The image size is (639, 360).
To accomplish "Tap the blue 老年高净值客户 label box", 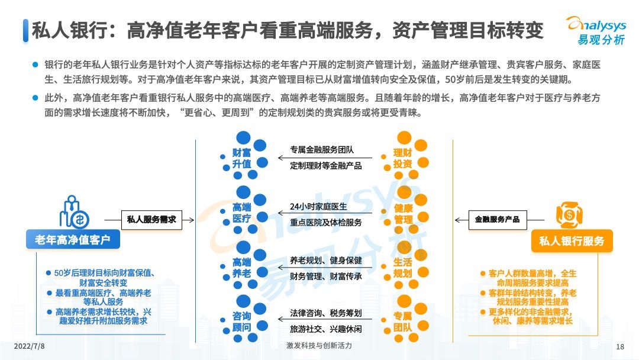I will pos(73,239).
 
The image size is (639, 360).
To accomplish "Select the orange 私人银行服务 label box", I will pos(572,241).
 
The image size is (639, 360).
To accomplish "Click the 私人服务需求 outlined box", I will pos(151,219).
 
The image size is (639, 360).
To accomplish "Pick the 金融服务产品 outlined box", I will pos(497,219).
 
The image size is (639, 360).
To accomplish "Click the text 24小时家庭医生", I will pos(318,207).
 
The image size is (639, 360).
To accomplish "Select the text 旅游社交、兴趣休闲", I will pos(325,328).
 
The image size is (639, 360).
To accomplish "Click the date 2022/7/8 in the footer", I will pos(29,346).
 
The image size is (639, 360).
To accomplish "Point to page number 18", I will pos(620,346).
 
